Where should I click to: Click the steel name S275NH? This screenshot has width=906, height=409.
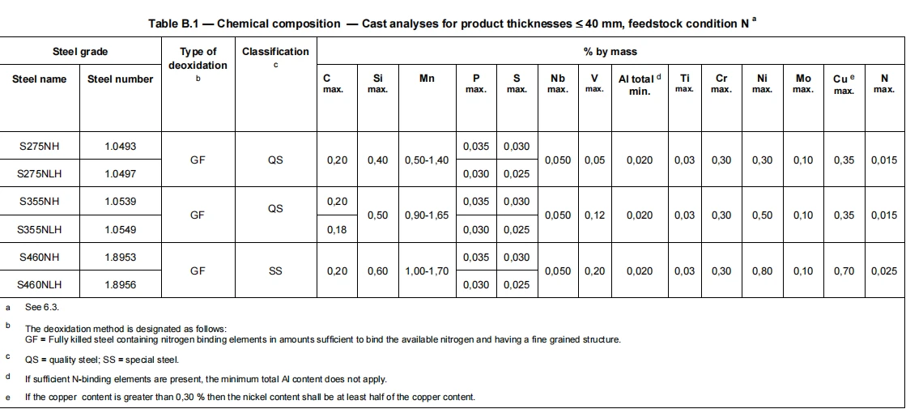click(x=40, y=146)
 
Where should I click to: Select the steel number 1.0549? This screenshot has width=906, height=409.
click(x=120, y=229)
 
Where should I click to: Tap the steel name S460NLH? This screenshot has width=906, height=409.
click(x=40, y=285)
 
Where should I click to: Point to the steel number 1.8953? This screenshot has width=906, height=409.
click(x=120, y=257)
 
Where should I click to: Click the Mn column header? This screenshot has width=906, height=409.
click(x=427, y=78)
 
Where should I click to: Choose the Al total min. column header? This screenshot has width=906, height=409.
click(x=640, y=84)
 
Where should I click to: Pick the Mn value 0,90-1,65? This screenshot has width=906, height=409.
click(x=427, y=215)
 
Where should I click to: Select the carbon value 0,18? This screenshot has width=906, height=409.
click(x=337, y=229)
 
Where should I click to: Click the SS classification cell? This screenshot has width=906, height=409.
click(x=275, y=271)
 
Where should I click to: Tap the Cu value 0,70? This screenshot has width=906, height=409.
click(x=844, y=271)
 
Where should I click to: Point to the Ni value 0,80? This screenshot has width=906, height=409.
click(x=762, y=271)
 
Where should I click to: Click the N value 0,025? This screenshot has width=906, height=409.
click(x=884, y=271)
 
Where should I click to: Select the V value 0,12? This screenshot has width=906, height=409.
click(x=594, y=215)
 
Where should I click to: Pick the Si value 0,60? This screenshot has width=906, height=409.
click(x=377, y=271)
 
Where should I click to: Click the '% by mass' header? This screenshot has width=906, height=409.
click(x=610, y=51)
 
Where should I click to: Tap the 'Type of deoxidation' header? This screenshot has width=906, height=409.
click(x=198, y=58)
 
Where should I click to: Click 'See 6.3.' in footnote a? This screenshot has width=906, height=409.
click(x=41, y=307)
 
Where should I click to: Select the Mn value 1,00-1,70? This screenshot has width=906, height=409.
click(x=427, y=271)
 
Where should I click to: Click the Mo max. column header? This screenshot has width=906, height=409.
click(x=803, y=83)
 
